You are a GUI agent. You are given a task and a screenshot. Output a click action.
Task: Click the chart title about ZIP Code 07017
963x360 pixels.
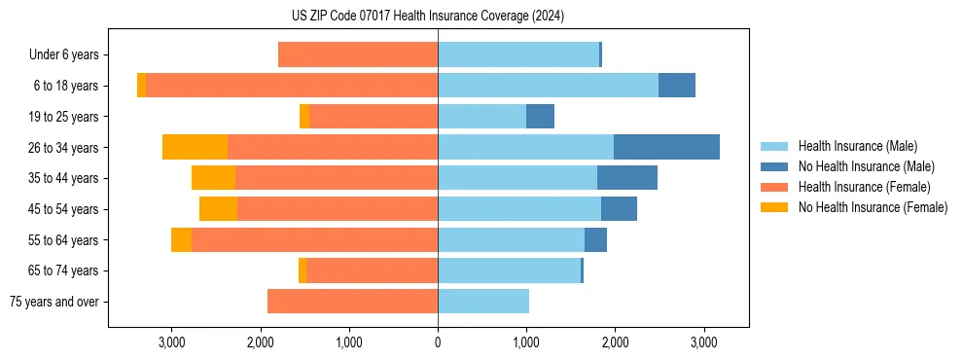coord(427,17)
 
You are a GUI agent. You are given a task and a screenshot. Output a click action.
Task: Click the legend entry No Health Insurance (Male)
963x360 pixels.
coord(866,166)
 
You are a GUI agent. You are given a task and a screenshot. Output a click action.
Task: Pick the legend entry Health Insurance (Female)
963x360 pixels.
coord(864,187)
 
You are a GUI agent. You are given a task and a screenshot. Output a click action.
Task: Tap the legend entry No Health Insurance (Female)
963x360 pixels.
coord(873,207)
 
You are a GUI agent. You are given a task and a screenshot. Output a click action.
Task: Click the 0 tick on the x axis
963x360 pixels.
coord(438,343)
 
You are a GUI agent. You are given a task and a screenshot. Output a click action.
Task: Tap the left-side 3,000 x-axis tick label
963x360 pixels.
coord(171,343)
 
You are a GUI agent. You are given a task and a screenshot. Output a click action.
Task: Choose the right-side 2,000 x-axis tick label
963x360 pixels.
coord(615,343)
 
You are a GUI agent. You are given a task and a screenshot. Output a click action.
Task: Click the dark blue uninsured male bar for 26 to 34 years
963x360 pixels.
coord(666,147)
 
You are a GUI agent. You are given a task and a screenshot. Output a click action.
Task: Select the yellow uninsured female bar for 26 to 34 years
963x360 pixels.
coord(195,147)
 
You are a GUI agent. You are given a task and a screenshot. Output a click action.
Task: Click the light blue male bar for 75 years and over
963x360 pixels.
coord(483,302)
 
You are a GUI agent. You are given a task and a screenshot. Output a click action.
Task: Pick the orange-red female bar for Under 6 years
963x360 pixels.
coord(358,54)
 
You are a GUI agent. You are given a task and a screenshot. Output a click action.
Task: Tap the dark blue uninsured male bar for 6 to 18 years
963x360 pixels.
coord(677,86)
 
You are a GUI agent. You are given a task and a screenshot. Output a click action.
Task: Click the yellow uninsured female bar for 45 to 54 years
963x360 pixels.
coord(218,209)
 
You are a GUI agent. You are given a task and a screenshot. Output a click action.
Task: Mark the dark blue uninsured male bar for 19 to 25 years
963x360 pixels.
coord(540,117)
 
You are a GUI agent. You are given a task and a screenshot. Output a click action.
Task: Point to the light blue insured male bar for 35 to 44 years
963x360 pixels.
coord(517,178)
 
